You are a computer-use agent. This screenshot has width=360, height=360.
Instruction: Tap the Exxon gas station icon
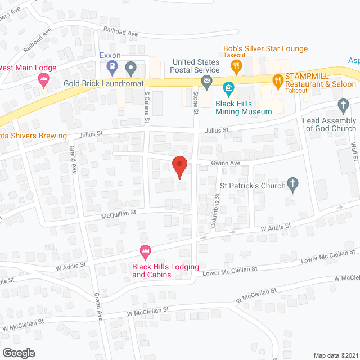(112, 69)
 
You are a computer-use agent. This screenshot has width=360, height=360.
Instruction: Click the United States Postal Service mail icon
(206, 83)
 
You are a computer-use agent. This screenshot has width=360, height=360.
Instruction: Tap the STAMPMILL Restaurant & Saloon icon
(277, 80)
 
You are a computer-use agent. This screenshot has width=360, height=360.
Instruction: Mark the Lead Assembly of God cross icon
(343, 105)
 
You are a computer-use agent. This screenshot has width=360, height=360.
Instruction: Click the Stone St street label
(196, 103)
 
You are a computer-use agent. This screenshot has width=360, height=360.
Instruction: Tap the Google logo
(19, 353)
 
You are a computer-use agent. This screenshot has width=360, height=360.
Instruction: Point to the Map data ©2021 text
(335, 355)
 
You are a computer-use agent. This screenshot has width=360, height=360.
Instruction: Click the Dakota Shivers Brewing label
(33, 136)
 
